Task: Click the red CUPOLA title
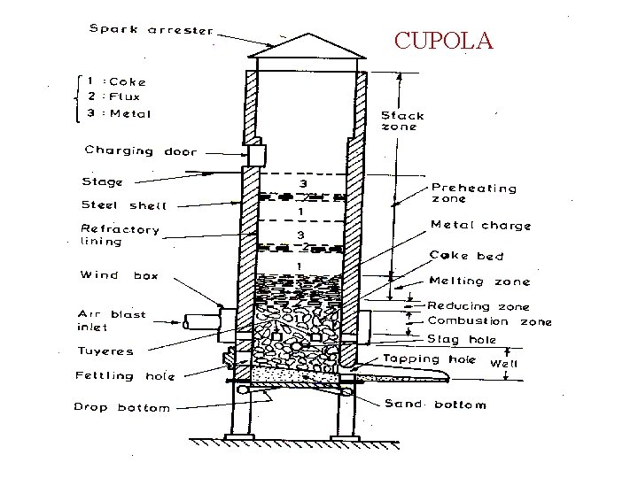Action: [443, 41]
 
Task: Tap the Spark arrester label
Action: [151, 30]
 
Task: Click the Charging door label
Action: [141, 151]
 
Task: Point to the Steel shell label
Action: [123, 205]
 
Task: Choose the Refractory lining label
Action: [121, 235]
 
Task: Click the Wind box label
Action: [119, 275]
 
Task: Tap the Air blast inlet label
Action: [112, 320]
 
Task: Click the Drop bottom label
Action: [121, 408]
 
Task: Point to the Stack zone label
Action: [402, 120]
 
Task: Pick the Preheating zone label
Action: [474, 193]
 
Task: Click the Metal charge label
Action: [480, 226]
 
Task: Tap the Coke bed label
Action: [466, 257]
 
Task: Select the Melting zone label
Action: [479, 281]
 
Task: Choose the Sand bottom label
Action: [435, 405]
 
